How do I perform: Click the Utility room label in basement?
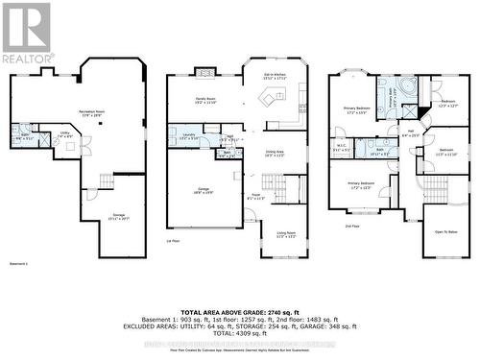tap(65, 136)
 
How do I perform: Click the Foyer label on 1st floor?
tap(257, 197)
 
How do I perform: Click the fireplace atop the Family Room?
tap(204, 71)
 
